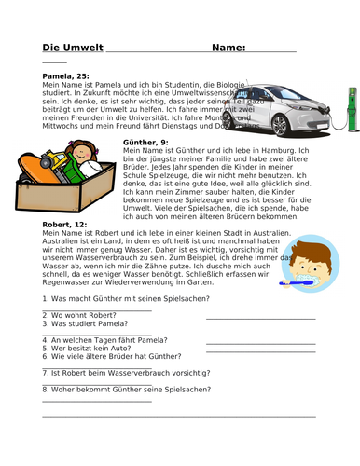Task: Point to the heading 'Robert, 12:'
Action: coord(66,225)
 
